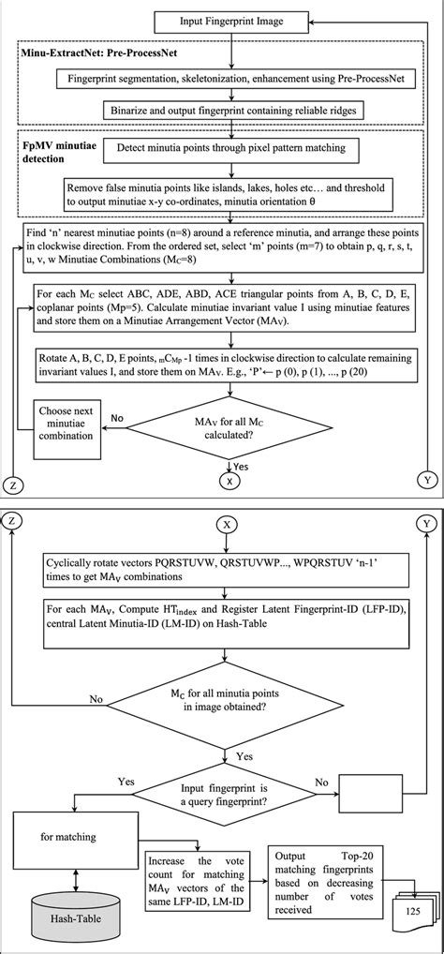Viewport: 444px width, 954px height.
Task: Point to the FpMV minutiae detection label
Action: (57, 156)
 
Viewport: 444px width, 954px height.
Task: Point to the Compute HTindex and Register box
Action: (224, 623)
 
